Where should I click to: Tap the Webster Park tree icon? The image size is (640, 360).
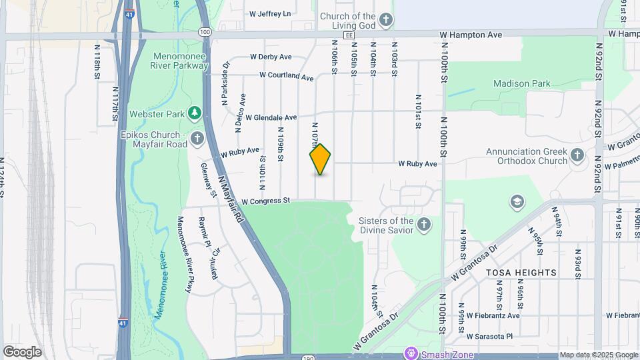[x=194, y=114]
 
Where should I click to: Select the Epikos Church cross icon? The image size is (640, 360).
[x=197, y=139]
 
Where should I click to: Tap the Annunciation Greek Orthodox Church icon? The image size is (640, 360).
[x=577, y=156]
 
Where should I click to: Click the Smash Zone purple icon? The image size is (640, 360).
[x=411, y=354]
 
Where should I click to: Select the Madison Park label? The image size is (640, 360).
[x=522, y=84]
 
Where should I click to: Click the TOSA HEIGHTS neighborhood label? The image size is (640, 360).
[x=521, y=273]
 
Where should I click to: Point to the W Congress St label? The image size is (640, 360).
[x=266, y=201]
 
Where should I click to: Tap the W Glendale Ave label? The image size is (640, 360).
[x=271, y=117]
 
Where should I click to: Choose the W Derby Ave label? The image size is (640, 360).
[x=271, y=57]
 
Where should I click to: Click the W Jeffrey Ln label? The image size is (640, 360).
[x=269, y=13]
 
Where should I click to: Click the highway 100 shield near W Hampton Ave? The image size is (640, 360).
[x=205, y=31]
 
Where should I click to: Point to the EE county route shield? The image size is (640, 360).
[x=347, y=35]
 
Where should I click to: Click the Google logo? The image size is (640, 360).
[x=22, y=352]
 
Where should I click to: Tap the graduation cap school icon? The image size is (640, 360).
[x=517, y=201]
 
